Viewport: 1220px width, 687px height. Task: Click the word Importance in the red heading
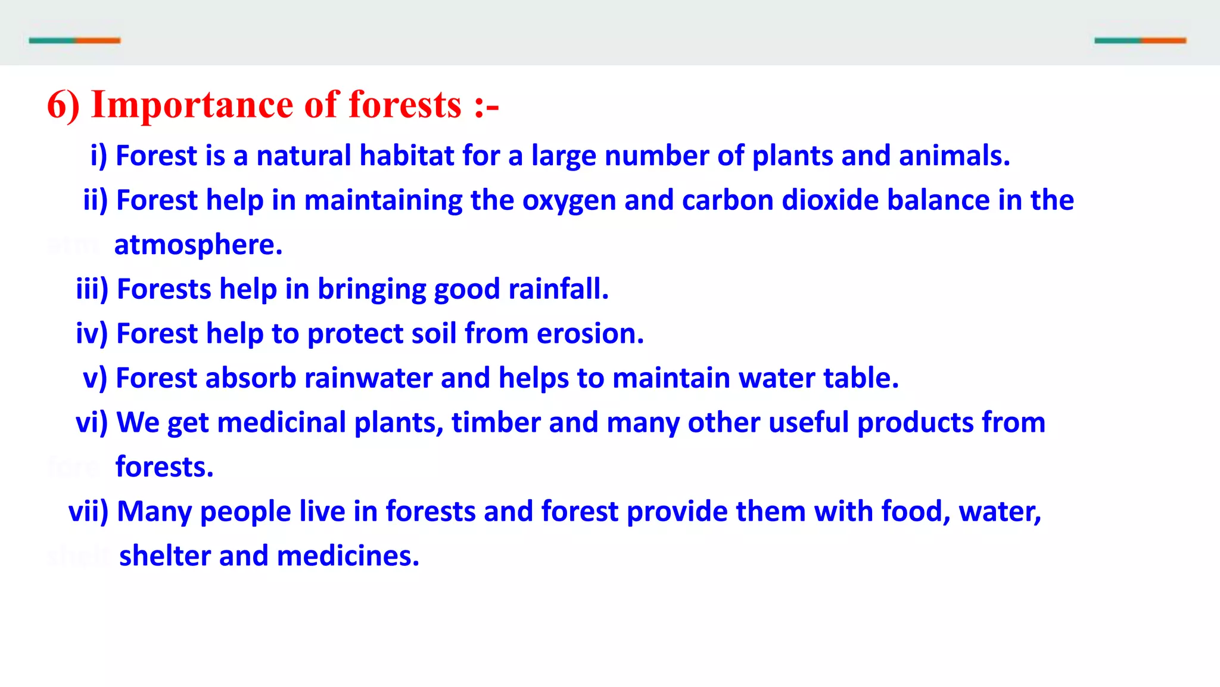coord(192,106)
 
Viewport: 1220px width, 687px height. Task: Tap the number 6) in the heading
coord(63,106)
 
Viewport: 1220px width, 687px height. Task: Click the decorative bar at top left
coord(74,41)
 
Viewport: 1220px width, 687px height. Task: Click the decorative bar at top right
coord(1140,41)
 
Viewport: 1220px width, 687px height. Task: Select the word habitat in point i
coord(407,156)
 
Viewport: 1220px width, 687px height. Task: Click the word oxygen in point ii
coord(569,201)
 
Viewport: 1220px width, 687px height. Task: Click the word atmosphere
coord(198,245)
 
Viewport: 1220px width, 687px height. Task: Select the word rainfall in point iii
coord(558,289)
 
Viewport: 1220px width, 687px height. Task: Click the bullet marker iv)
coord(92,334)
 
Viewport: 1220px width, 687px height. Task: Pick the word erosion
coord(590,334)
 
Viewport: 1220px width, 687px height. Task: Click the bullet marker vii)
coord(88,512)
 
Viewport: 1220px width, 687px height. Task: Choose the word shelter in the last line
coord(164,556)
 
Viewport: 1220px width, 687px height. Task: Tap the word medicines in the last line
coord(348,556)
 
